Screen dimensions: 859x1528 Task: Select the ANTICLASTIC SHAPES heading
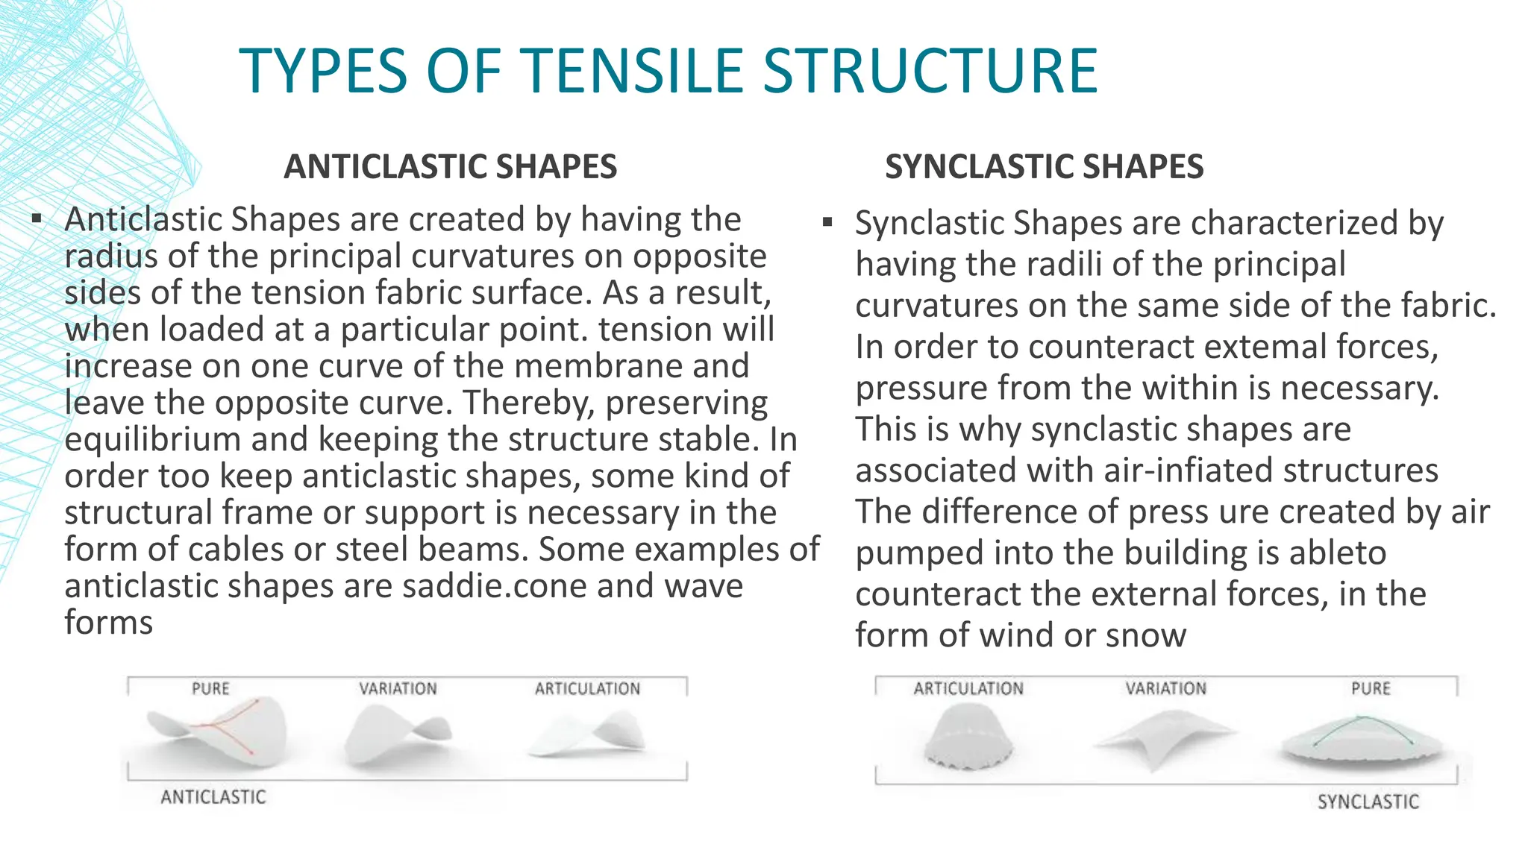pos(451,166)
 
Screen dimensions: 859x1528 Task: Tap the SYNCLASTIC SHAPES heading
pos(1044,166)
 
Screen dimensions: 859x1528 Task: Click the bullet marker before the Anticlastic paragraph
pos(37,219)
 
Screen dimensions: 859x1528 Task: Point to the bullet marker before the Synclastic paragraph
pos(827,222)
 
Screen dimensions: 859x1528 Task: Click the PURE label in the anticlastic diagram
pos(210,688)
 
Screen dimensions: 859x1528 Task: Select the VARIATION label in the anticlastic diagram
pos(398,688)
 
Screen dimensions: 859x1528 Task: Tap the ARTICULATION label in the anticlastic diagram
pos(587,688)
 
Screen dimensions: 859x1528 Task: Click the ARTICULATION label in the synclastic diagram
pos(968,688)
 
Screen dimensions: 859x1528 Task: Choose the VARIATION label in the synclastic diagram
pos(1165,688)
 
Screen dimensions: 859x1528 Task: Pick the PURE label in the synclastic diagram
pos(1371,688)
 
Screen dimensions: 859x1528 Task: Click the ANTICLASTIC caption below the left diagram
pos(213,797)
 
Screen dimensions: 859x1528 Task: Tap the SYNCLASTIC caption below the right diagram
pos(1368,802)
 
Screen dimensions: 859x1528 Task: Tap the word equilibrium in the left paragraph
pos(152,439)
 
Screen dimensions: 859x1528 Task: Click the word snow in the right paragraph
pos(1146,635)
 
